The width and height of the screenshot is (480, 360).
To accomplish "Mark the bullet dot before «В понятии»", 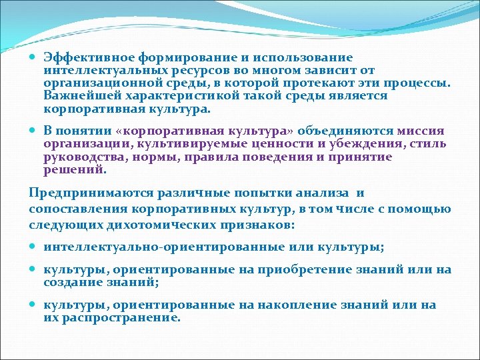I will (x=34, y=131).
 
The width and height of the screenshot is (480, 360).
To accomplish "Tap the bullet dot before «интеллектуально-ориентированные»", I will (x=34, y=247).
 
